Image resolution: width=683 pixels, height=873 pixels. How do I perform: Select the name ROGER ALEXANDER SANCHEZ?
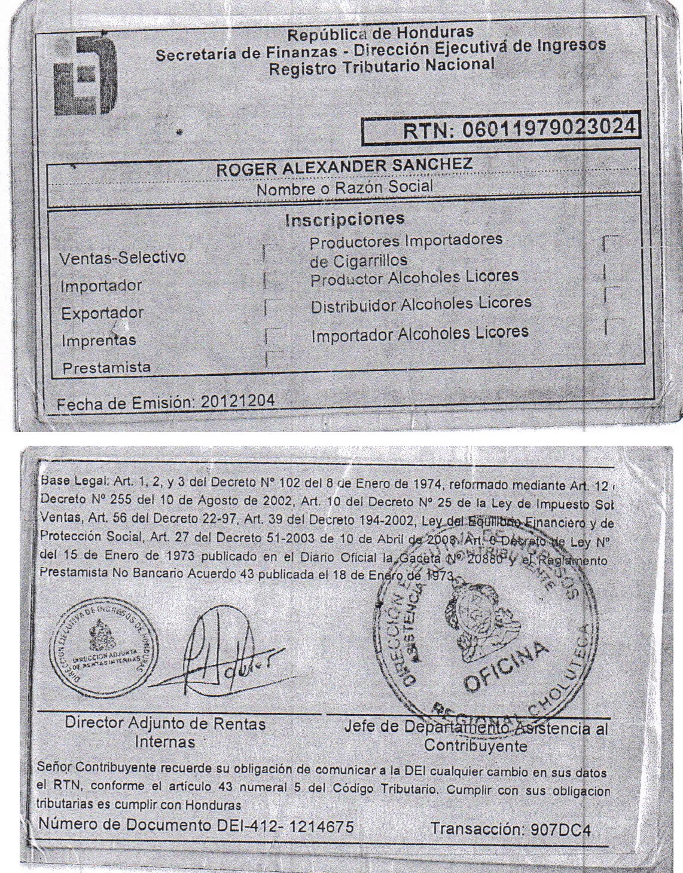344,167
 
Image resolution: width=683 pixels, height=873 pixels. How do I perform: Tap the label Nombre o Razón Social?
344,187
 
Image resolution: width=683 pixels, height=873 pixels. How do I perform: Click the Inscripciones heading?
344,219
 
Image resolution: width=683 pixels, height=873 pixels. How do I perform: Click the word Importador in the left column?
100,286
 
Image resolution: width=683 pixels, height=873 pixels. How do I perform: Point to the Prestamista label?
107,367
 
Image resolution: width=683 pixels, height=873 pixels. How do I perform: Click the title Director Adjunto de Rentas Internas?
165,733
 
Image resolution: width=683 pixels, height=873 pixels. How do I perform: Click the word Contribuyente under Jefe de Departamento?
475,746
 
